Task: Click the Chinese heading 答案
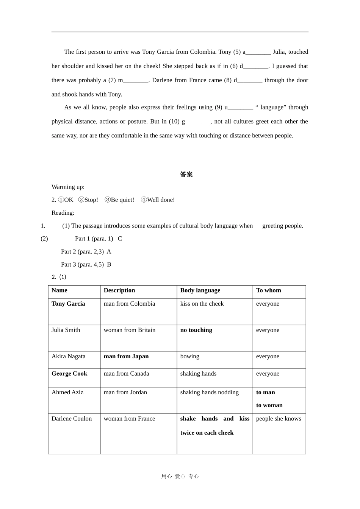point(186,174)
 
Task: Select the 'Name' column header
point(59,290)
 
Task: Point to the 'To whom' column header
point(268,290)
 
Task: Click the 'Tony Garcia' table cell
point(68,304)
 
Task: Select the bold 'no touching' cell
point(196,330)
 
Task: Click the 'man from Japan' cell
point(126,356)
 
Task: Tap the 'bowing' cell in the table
point(190,356)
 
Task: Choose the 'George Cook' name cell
point(69,374)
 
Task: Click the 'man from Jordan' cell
point(125,392)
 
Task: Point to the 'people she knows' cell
point(279,419)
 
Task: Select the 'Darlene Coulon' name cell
point(72,419)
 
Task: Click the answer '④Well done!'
point(158,200)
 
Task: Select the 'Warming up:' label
point(68,187)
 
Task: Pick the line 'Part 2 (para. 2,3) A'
point(86,252)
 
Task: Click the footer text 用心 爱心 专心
point(180,476)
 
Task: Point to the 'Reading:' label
point(63,213)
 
